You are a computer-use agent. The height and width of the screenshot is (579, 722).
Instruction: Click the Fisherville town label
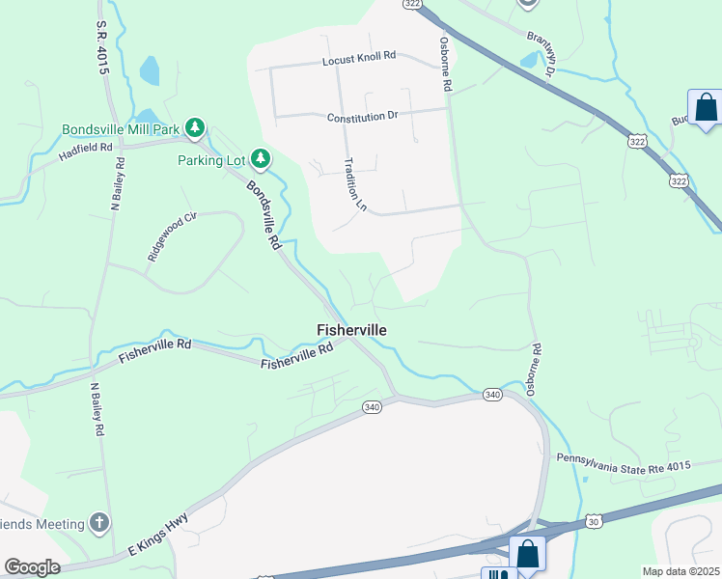352,330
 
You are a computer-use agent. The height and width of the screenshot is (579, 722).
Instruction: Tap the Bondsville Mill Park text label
122,128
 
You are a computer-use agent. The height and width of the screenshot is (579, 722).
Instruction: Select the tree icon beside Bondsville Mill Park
196,127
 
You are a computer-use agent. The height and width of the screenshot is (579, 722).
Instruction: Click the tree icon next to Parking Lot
260,157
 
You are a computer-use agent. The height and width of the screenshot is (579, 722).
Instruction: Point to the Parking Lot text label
210,159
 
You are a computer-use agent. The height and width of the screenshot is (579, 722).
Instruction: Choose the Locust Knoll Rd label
359,59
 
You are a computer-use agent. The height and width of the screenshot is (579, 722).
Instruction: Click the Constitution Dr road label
362,117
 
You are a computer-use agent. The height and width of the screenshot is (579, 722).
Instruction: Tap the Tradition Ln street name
356,184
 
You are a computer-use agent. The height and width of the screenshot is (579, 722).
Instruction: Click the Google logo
32,566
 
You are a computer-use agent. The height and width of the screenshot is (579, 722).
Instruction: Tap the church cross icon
97,524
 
